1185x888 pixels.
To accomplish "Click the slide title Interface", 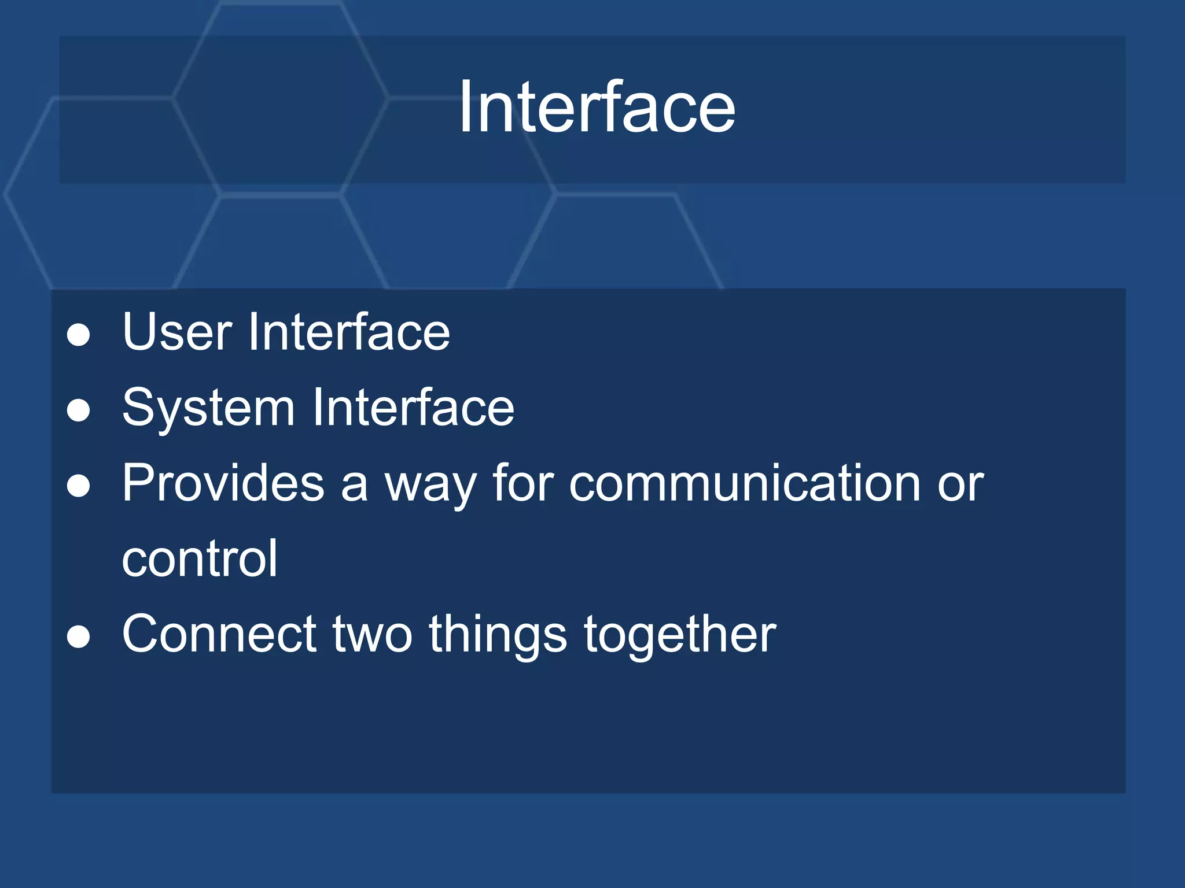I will (597, 108).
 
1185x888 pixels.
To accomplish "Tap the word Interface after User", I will (349, 332).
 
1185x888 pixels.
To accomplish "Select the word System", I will (208, 408).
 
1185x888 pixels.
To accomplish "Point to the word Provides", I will (223, 483).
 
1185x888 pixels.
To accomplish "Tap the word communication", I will (745, 483).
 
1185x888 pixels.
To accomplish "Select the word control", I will (200, 558).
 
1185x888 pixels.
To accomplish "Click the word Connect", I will (219, 635).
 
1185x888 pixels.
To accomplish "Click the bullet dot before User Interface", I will (78, 335).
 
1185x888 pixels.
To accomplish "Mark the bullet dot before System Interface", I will (78, 411).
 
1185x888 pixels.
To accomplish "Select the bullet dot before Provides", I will (78, 486).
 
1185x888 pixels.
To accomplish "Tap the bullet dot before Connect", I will (78, 638).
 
